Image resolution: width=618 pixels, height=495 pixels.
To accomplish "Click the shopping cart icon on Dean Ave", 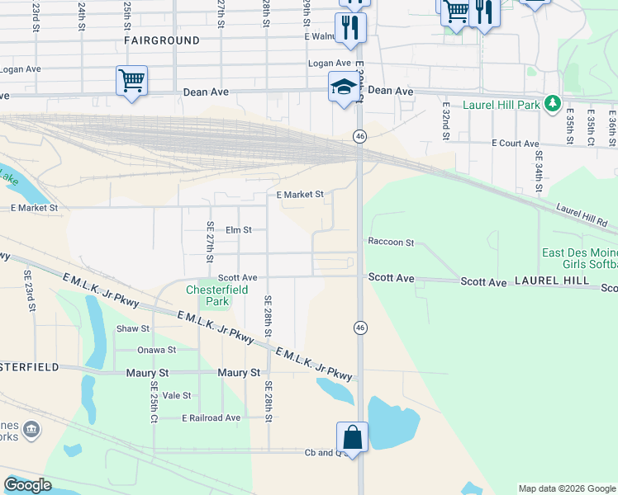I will [x=131, y=81].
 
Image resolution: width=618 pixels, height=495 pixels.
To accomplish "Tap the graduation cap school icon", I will [x=344, y=86].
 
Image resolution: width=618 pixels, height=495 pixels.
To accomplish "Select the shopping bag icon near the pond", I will [x=352, y=436].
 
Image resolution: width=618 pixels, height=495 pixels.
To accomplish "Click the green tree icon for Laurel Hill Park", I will [x=553, y=105].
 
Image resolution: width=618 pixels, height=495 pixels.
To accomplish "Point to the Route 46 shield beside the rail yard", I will [x=360, y=136].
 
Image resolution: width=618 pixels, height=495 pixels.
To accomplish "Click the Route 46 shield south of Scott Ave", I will [x=360, y=328].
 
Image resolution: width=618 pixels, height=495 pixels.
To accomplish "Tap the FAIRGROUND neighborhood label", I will [x=162, y=40].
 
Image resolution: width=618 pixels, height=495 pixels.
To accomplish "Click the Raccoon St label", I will [x=391, y=243].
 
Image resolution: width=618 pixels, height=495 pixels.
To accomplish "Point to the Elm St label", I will [x=238, y=230].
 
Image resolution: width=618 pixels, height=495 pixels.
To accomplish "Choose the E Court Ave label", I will [x=515, y=143].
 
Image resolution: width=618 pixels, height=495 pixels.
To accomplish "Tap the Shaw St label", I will [x=132, y=328].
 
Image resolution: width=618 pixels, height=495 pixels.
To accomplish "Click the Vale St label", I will [x=177, y=395].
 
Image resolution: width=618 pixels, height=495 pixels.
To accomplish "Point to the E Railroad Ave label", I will [x=211, y=417].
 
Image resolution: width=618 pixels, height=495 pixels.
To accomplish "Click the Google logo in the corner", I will [x=27, y=485].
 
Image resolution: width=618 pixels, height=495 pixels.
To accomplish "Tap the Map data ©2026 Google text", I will [x=566, y=488].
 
